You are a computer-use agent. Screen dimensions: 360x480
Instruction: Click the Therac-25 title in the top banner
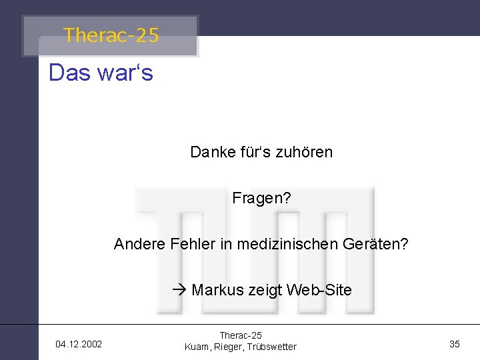click(x=111, y=35)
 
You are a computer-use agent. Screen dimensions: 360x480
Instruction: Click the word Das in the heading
click(x=69, y=73)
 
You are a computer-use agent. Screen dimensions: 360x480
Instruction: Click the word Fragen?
click(x=261, y=198)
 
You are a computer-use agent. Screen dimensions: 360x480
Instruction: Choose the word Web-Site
click(x=321, y=290)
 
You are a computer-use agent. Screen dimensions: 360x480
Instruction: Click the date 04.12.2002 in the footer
click(x=79, y=344)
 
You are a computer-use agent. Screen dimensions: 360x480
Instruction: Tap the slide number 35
click(x=455, y=344)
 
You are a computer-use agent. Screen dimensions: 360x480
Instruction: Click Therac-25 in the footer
click(x=241, y=335)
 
